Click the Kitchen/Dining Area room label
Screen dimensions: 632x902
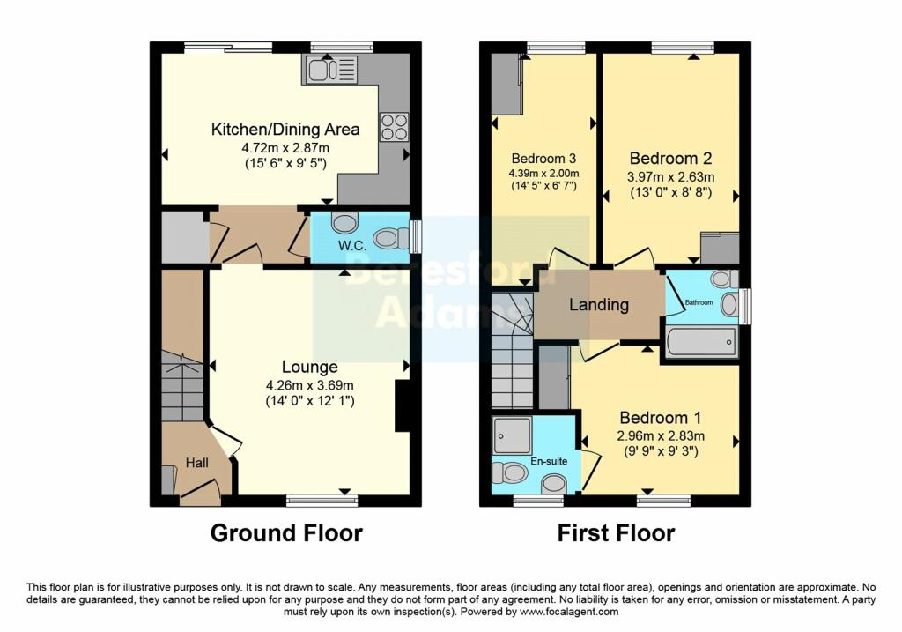pyautogui.click(x=285, y=130)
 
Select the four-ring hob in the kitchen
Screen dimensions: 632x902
pyautogui.click(x=393, y=127)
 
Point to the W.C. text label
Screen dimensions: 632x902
pyautogui.click(x=351, y=247)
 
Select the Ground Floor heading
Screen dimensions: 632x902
pyautogui.click(x=286, y=533)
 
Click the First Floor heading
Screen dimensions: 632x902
pyautogui.click(x=616, y=533)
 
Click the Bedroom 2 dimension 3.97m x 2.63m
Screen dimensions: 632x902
pyautogui.click(x=669, y=176)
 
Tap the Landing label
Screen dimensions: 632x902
pyautogui.click(x=599, y=305)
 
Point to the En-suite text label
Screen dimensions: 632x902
pyautogui.click(x=549, y=460)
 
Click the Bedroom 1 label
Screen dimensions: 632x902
pyautogui.click(x=661, y=417)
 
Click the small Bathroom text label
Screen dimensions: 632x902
pyautogui.click(x=699, y=302)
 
